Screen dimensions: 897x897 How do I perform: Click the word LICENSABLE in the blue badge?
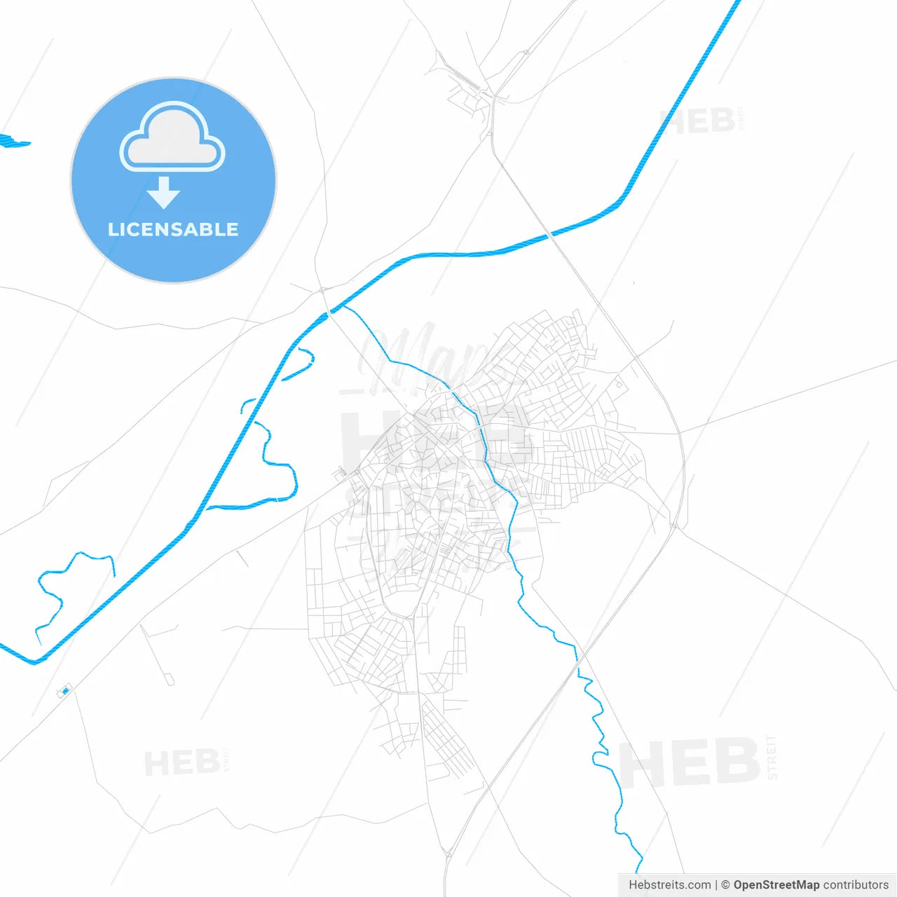click(173, 229)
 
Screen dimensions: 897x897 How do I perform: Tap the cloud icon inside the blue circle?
click(172, 137)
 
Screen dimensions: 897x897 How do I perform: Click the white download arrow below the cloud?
click(164, 193)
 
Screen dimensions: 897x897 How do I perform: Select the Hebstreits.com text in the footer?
click(669, 885)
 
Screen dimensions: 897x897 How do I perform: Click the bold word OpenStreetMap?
click(776, 885)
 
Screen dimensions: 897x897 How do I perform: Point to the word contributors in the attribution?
click(856, 885)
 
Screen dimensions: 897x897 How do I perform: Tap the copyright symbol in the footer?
click(725, 885)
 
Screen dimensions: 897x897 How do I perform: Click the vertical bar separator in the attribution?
click(716, 885)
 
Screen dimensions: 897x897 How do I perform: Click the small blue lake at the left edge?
click(13, 142)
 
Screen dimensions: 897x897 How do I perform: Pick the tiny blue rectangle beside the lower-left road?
click(65, 691)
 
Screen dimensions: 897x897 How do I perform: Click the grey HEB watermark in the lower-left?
click(182, 762)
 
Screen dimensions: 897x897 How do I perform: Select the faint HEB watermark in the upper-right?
click(697, 122)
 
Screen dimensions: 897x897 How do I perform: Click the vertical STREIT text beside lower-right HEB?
click(772, 757)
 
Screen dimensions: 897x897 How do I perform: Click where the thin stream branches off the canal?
click(342, 306)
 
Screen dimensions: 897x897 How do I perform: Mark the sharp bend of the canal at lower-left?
click(35, 662)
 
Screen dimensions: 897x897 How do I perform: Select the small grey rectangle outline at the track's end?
click(170, 679)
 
